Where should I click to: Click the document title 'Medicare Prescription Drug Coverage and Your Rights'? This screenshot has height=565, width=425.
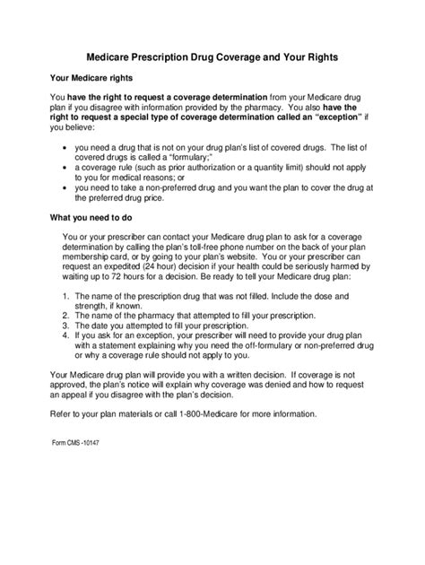(x=212, y=56)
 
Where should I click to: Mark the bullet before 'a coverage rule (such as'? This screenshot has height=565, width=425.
(x=61, y=168)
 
